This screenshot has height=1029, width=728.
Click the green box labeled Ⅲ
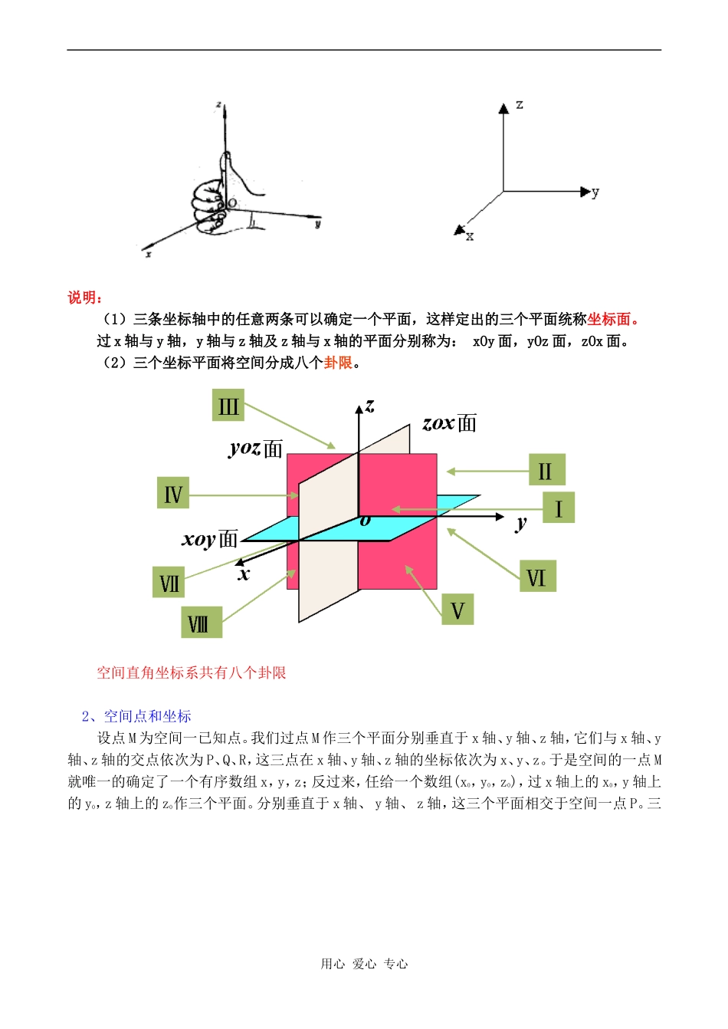click(x=228, y=406)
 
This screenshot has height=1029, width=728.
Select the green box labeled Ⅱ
click(x=546, y=469)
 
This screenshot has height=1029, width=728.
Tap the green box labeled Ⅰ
click(x=559, y=508)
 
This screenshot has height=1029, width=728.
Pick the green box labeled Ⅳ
click(x=173, y=493)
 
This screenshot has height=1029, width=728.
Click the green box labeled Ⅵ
click(x=536, y=576)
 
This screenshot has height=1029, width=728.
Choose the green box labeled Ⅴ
click(x=457, y=610)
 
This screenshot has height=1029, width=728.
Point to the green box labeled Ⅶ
click(x=169, y=584)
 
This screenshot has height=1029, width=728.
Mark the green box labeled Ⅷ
click(x=200, y=623)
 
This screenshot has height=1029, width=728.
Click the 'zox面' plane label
click(x=450, y=423)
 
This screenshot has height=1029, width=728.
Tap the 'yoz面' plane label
click(x=256, y=449)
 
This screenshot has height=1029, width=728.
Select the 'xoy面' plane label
click(x=210, y=539)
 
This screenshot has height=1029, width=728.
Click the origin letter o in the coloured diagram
click(x=366, y=521)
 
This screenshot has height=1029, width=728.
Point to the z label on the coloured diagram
click(x=370, y=406)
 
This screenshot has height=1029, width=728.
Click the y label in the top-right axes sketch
click(x=595, y=192)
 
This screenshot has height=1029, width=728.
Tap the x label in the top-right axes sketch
click(x=470, y=236)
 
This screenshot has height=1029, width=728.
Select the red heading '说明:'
click(x=84, y=298)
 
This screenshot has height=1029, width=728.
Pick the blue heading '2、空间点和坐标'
click(x=136, y=716)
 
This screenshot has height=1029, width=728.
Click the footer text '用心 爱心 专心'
click(x=364, y=964)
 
